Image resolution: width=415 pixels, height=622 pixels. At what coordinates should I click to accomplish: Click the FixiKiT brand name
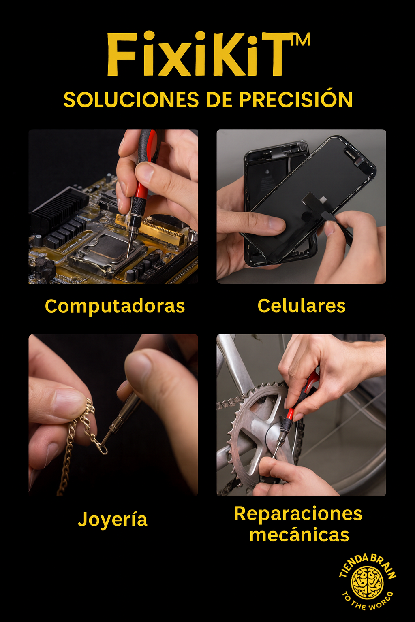pyautogui.click(x=199, y=55)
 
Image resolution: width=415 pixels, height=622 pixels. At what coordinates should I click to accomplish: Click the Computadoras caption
pyautogui.click(x=115, y=306)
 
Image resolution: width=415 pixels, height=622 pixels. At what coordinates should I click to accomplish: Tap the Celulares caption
pyautogui.click(x=301, y=306)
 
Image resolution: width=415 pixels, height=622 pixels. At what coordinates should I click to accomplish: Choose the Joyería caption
pyautogui.click(x=113, y=520)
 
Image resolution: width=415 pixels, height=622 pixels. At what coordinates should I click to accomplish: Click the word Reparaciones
pyautogui.click(x=298, y=514)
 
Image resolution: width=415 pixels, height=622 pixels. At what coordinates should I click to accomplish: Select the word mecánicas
pyautogui.click(x=299, y=535)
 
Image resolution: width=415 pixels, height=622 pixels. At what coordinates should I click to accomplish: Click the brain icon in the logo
pyautogui.click(x=367, y=583)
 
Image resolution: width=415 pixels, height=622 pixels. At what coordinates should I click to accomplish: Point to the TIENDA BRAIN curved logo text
pyautogui.click(x=367, y=563)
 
